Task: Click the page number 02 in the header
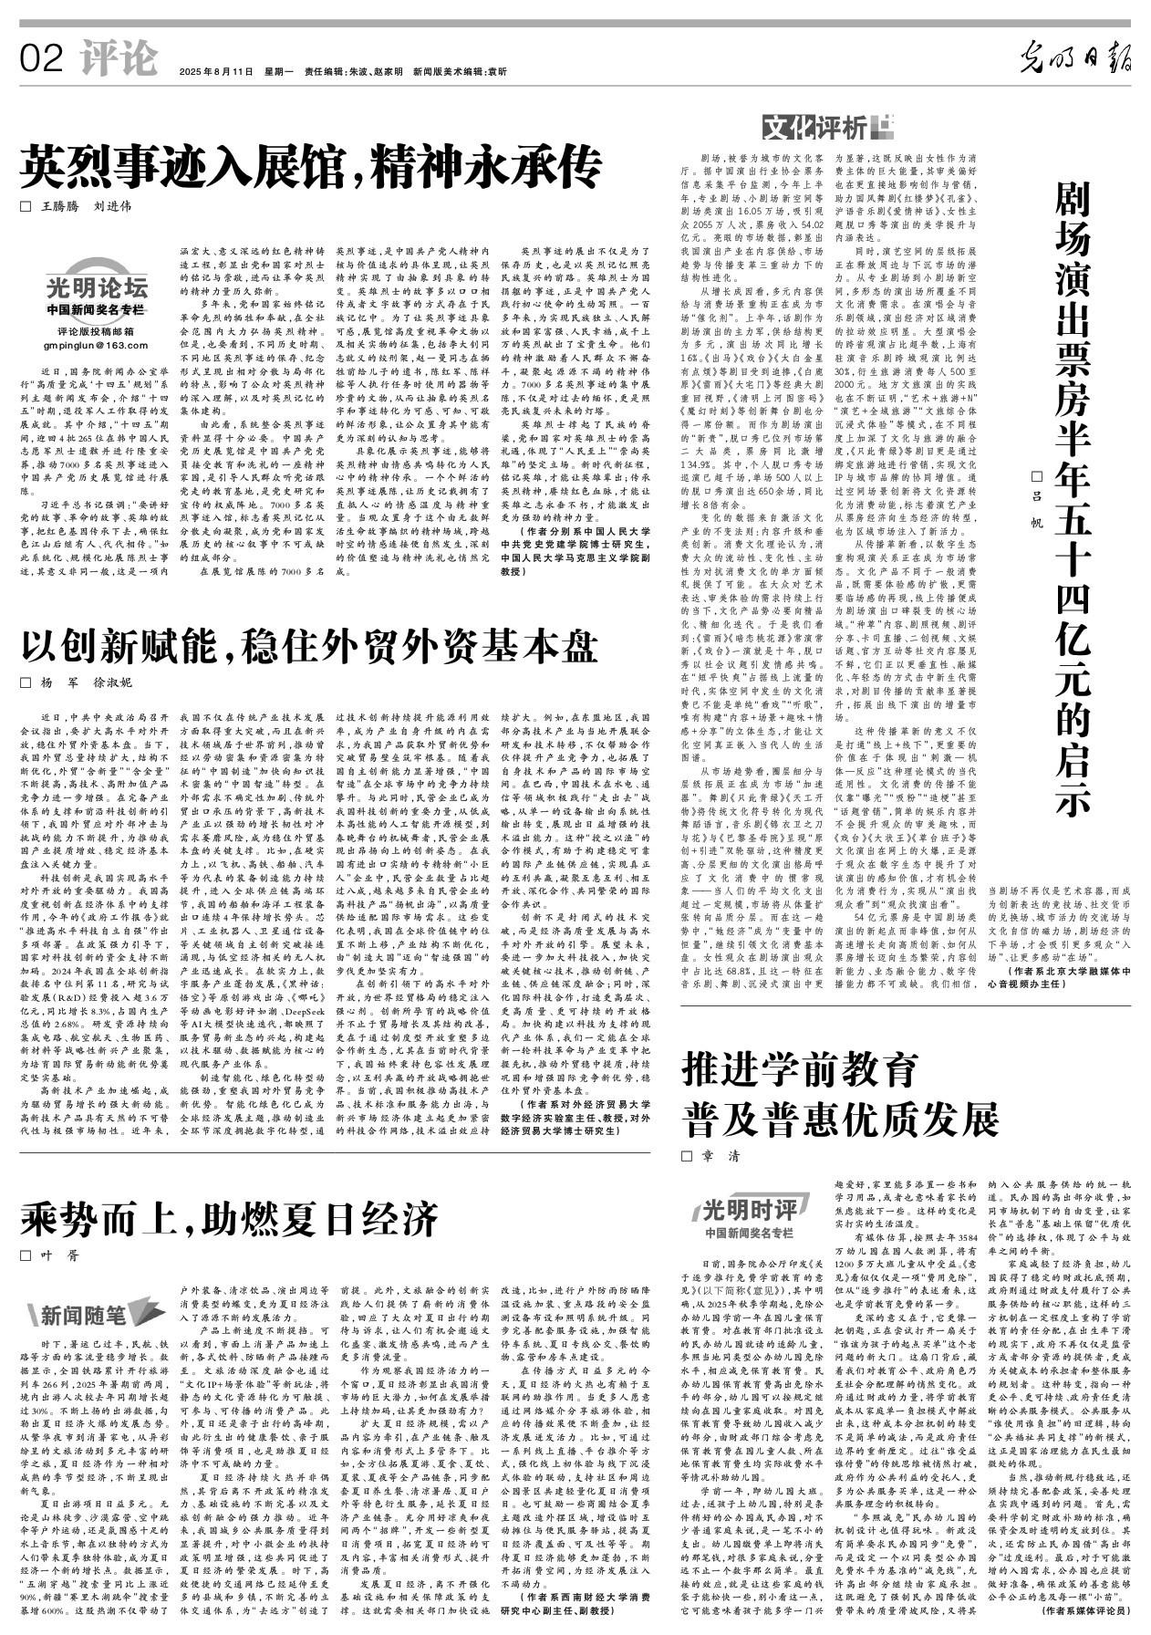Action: point(42,60)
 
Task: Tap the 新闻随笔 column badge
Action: point(89,1315)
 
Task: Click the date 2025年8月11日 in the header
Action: point(215,71)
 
